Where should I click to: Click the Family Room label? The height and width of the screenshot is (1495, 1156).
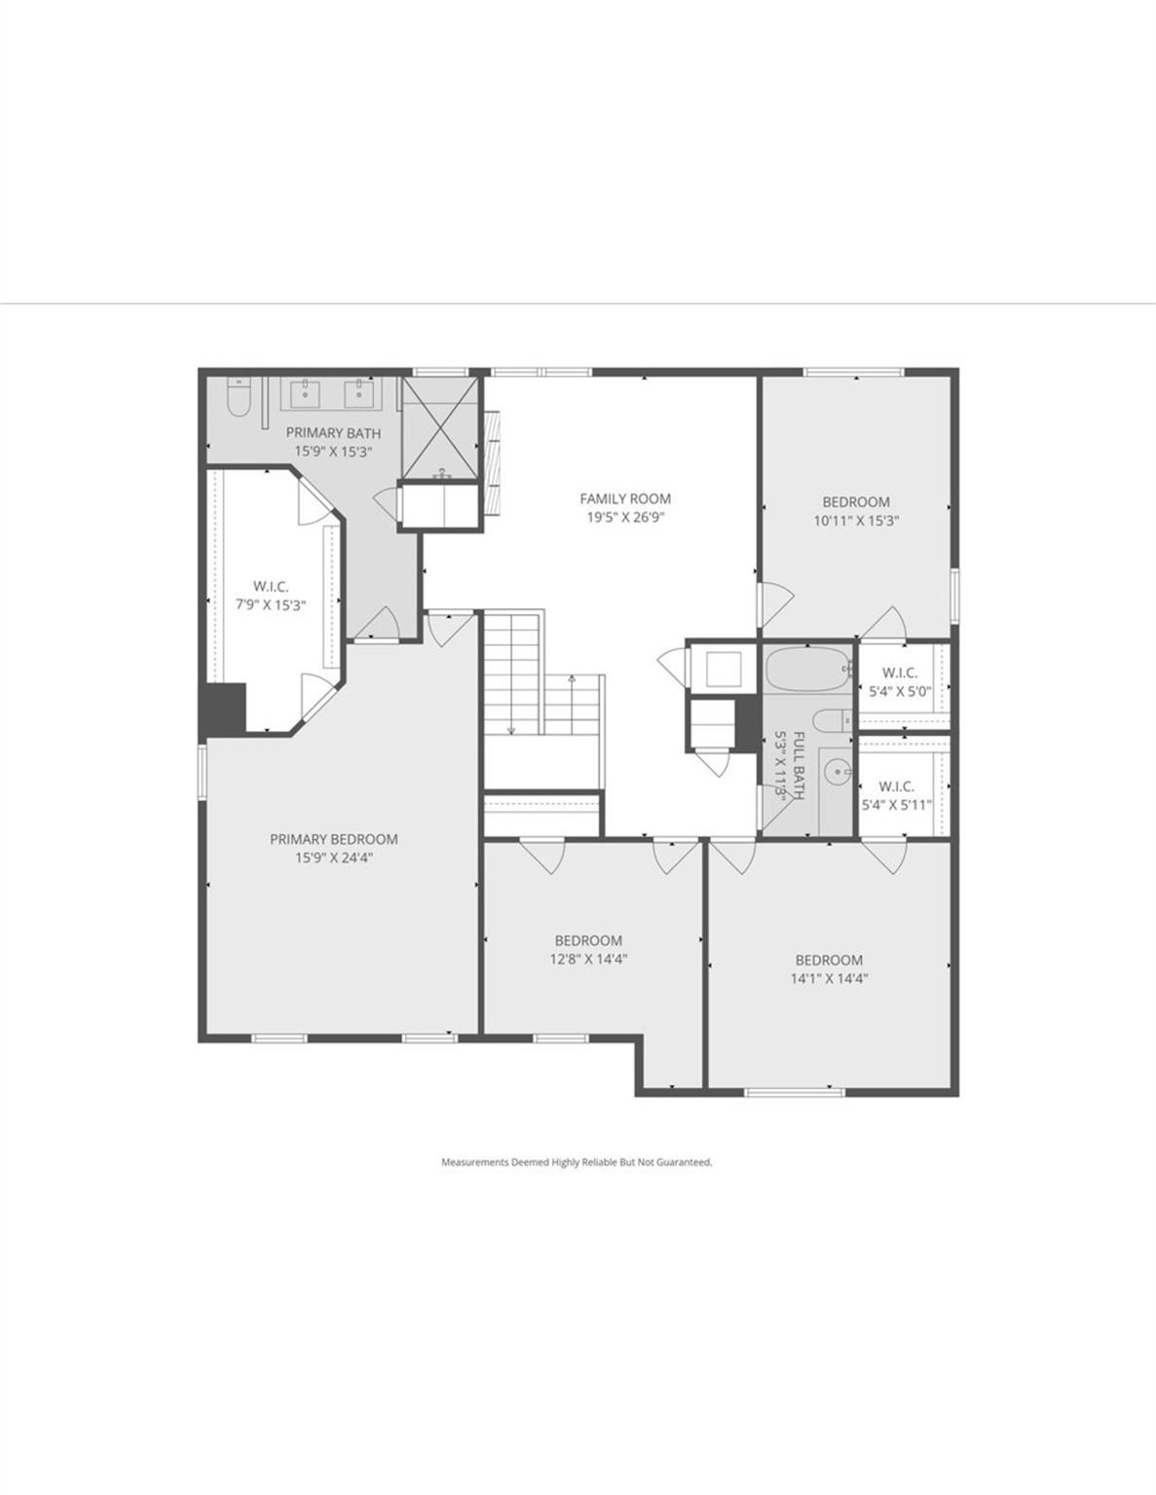[625, 498]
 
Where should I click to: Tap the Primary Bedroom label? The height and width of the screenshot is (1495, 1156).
[334, 839]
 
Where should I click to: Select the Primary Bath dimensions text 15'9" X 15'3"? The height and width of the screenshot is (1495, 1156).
[334, 452]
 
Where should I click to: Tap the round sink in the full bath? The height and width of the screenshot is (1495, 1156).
[837, 773]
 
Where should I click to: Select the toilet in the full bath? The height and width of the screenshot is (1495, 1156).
[832, 720]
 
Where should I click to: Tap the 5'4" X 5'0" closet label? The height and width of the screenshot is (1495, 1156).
[899, 691]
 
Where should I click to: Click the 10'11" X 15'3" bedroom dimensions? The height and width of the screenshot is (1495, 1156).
[857, 521]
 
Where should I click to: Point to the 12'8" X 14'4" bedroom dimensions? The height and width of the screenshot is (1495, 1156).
[589, 959]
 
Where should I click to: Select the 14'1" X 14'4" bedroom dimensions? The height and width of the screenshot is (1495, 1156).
[829, 978]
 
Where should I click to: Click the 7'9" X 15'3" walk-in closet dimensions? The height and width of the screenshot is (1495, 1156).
[271, 605]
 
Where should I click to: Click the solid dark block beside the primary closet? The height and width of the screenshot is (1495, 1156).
[224, 708]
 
